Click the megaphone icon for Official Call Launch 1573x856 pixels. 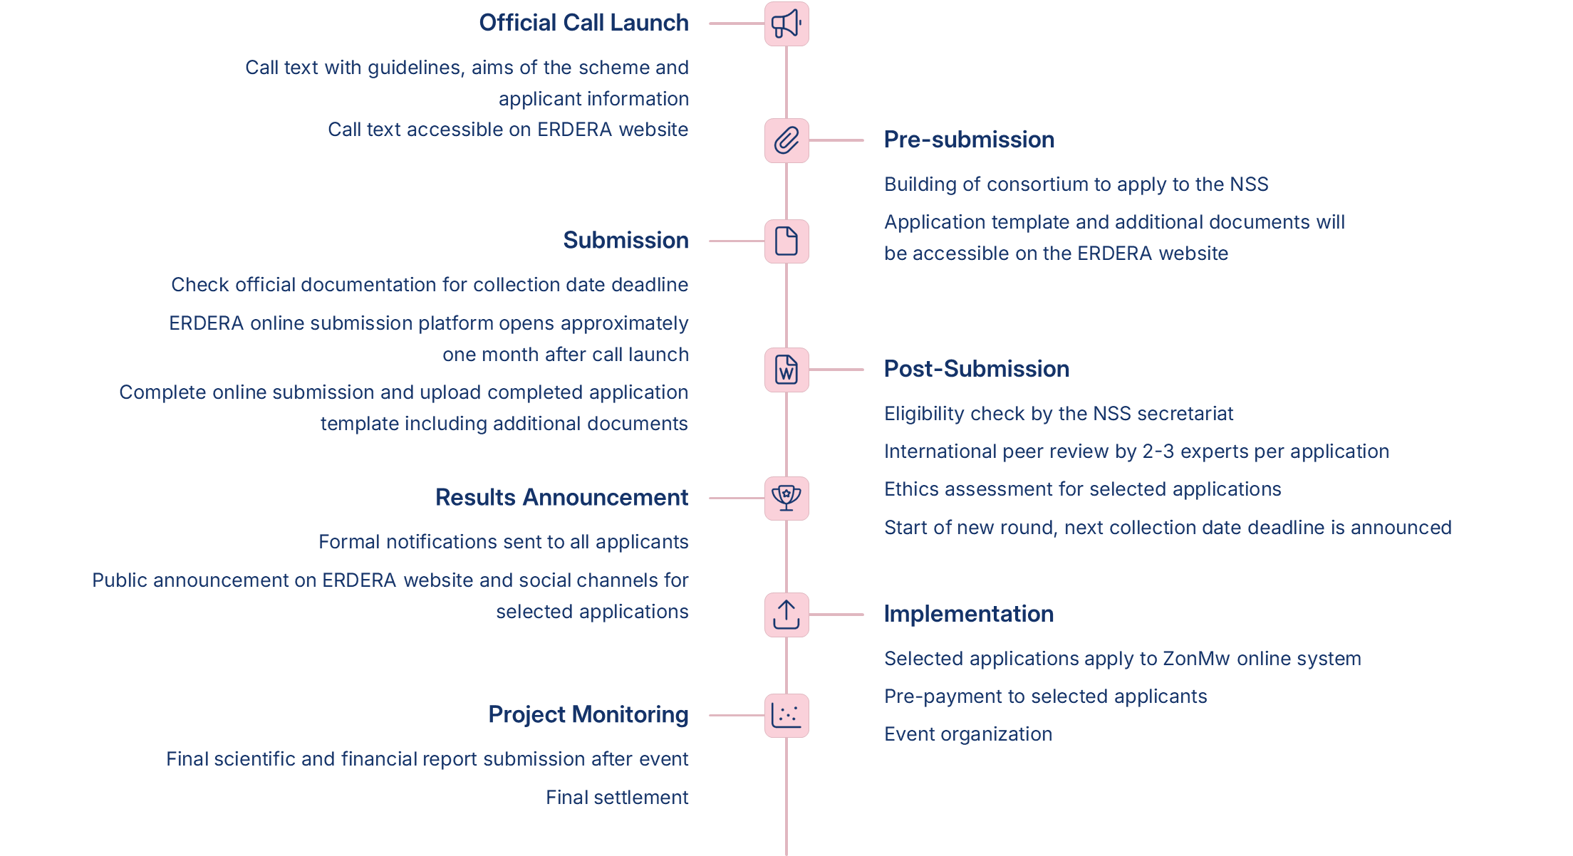[786, 24]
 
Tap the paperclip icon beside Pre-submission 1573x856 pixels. [786, 140]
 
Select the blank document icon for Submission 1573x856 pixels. [786, 241]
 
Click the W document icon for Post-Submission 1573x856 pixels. [786, 370]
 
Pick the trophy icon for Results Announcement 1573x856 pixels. [786, 498]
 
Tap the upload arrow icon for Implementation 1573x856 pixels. [786, 615]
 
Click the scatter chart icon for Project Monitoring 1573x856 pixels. [786, 715]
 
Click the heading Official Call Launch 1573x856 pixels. [583, 23]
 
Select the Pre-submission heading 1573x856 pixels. [969, 140]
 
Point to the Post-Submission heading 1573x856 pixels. [977, 369]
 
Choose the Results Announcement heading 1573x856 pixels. [562, 497]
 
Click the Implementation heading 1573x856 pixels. [969, 614]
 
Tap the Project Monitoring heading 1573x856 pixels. [588, 714]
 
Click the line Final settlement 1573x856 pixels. [617, 798]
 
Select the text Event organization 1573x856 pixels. [968, 734]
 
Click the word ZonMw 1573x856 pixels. [1196, 659]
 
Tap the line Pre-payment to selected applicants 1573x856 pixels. [1046, 696]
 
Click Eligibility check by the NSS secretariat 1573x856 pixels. [1059, 414]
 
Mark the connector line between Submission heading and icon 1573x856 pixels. [737, 241]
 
